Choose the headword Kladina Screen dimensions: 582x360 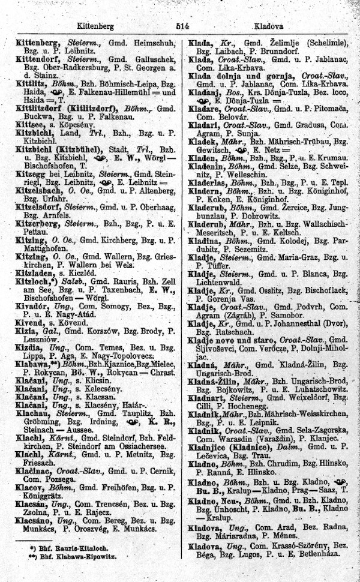(x=205, y=240)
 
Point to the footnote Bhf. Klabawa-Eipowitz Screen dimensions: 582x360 (x=76, y=556)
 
